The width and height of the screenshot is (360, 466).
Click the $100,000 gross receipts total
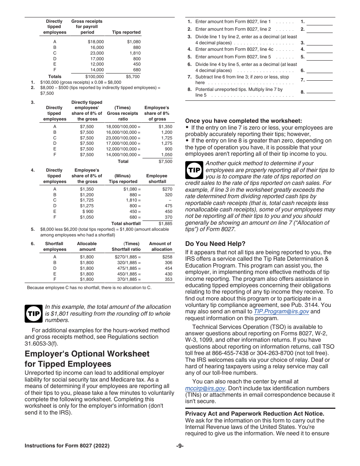coord(94,77)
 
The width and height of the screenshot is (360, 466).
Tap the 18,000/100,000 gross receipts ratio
coord(123,127)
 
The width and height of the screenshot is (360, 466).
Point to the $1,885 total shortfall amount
coord(165,224)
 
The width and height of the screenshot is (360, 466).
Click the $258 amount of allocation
coord(167,257)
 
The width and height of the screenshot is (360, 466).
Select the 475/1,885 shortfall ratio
coord(128,268)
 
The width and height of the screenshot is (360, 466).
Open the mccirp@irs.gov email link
coord(205,388)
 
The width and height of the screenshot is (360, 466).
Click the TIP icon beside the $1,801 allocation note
coord(33,313)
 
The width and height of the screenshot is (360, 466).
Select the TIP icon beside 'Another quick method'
coord(194,170)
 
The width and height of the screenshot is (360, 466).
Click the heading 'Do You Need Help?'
coord(215,244)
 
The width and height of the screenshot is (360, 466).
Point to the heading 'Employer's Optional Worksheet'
coord(87,354)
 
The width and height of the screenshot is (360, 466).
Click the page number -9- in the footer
coord(180,446)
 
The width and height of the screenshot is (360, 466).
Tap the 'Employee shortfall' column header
coord(157,178)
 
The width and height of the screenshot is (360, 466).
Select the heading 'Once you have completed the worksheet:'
coord(244,121)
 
